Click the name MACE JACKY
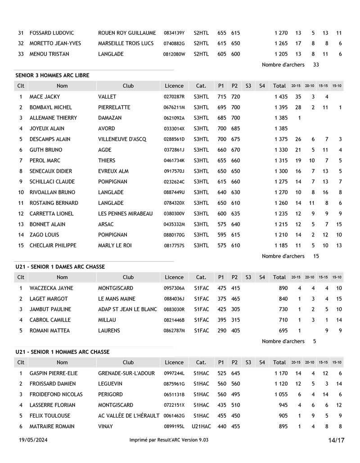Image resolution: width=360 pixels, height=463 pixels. click(45, 97)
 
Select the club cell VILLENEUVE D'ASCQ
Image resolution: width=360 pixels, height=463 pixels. click(122, 139)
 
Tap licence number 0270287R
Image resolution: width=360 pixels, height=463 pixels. click(174, 97)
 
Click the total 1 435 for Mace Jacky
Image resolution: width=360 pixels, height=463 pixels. click(281, 97)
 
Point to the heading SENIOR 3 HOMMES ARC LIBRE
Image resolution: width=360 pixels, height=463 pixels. click(52, 75)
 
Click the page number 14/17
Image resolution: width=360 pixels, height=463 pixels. click(336, 440)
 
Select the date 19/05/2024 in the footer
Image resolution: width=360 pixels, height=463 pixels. click(33, 440)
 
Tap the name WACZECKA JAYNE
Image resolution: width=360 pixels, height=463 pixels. click(51, 288)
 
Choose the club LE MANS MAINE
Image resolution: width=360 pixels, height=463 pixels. click(117, 299)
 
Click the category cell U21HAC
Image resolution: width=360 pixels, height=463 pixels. click(201, 426)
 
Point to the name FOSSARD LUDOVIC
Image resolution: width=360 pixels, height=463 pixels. click(52, 33)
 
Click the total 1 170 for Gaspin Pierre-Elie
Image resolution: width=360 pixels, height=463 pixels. click(281, 373)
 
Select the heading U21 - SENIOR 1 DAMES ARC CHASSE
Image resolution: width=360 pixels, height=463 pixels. click(60, 267)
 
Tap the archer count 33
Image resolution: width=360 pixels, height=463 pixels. click(316, 64)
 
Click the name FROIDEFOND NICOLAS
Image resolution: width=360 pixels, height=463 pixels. click(56, 395)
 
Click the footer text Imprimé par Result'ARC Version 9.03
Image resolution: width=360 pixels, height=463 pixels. click(169, 440)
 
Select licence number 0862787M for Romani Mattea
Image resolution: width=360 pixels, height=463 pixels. click(174, 331)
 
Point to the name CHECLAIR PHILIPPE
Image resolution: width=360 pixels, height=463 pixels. click(53, 245)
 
